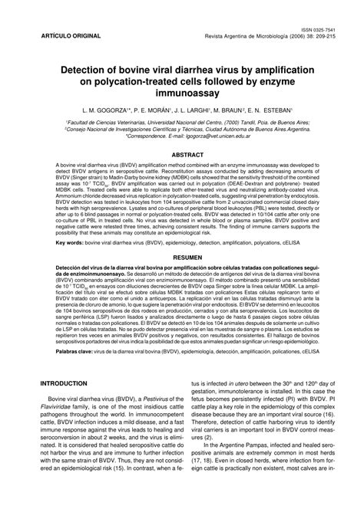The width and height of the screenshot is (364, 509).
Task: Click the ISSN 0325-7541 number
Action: [x=323, y=28]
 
